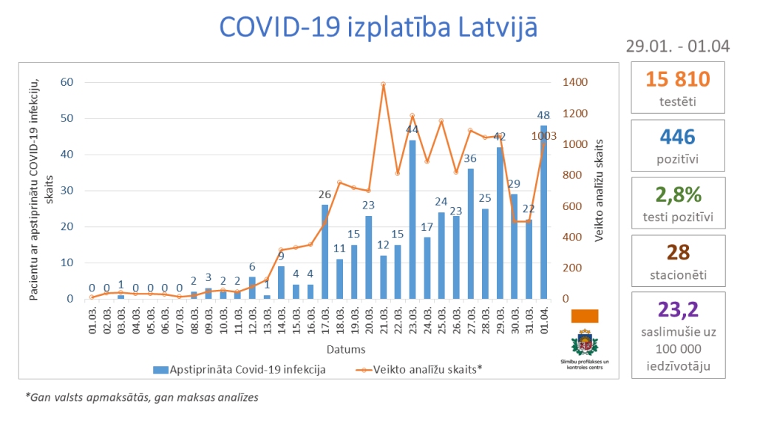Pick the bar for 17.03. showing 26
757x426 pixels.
(x=325, y=251)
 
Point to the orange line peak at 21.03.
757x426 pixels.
(x=383, y=84)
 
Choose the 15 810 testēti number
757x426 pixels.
(x=677, y=79)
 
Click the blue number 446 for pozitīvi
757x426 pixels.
(x=677, y=136)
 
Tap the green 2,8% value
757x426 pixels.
(x=677, y=195)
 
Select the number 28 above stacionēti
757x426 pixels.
(x=677, y=252)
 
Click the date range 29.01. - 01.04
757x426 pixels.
(x=677, y=46)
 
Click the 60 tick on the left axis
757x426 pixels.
(x=67, y=82)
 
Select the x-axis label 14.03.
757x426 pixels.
(x=282, y=320)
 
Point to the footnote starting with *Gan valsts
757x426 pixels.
(x=142, y=397)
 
